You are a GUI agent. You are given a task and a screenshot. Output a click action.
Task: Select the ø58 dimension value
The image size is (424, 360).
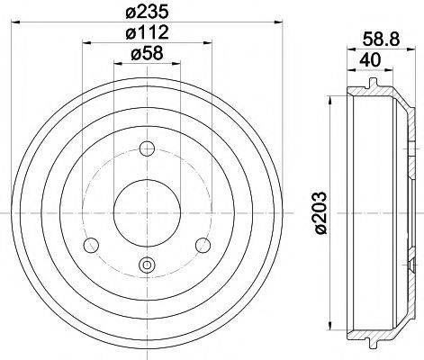click(x=147, y=55)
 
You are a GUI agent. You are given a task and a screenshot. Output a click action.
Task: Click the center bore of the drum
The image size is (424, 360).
click(x=147, y=212)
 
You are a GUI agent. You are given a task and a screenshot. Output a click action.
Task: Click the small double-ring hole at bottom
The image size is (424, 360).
click(x=147, y=264)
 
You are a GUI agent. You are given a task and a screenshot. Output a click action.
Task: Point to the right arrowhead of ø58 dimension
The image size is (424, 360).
click(x=176, y=64)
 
